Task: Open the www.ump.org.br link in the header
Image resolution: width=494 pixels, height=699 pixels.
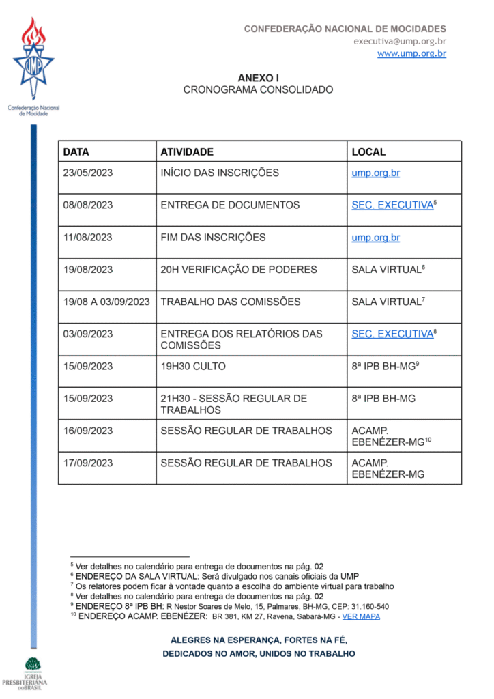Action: click(411, 53)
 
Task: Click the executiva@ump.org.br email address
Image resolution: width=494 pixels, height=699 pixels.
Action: click(399, 41)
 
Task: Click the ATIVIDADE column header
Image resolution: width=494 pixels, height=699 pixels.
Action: click(186, 152)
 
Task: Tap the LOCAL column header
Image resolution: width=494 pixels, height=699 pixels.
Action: click(368, 152)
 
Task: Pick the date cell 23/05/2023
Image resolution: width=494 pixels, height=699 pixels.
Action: click(88, 173)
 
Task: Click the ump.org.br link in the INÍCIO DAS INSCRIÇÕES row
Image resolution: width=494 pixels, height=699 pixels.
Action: click(375, 173)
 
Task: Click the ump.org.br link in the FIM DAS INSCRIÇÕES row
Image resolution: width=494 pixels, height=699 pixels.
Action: click(375, 238)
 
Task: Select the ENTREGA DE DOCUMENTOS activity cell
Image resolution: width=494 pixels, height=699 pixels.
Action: click(230, 205)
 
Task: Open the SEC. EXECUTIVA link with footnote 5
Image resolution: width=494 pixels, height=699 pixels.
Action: click(392, 205)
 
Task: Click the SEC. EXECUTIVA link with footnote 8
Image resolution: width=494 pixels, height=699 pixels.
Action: click(392, 334)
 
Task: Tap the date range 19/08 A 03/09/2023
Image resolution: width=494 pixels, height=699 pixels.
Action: click(106, 302)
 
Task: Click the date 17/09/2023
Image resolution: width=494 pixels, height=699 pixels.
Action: click(88, 463)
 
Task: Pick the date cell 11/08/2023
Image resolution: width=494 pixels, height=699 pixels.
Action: click(88, 238)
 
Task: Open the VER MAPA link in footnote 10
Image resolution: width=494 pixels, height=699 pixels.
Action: click(361, 616)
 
